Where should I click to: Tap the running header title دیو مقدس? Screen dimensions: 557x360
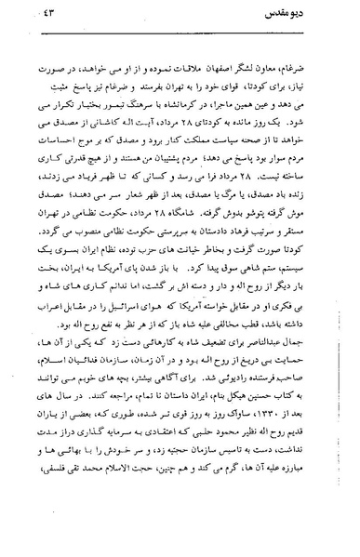coord(300,12)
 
